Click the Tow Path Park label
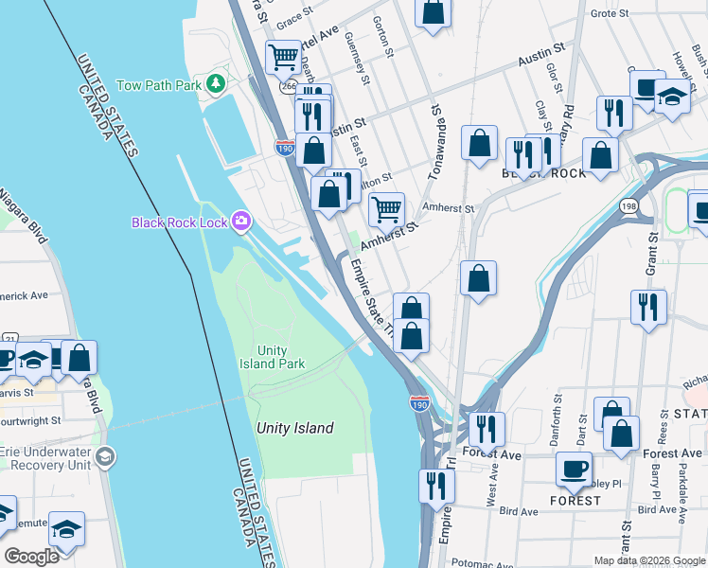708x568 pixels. tap(159, 85)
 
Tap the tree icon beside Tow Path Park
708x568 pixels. tap(217, 84)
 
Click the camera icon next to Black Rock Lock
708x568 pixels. tap(242, 222)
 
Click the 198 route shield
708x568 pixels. tap(628, 204)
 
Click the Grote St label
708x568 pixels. tap(635, 13)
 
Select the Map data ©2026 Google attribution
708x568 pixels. tap(649, 560)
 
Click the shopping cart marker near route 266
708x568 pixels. tap(283, 58)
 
